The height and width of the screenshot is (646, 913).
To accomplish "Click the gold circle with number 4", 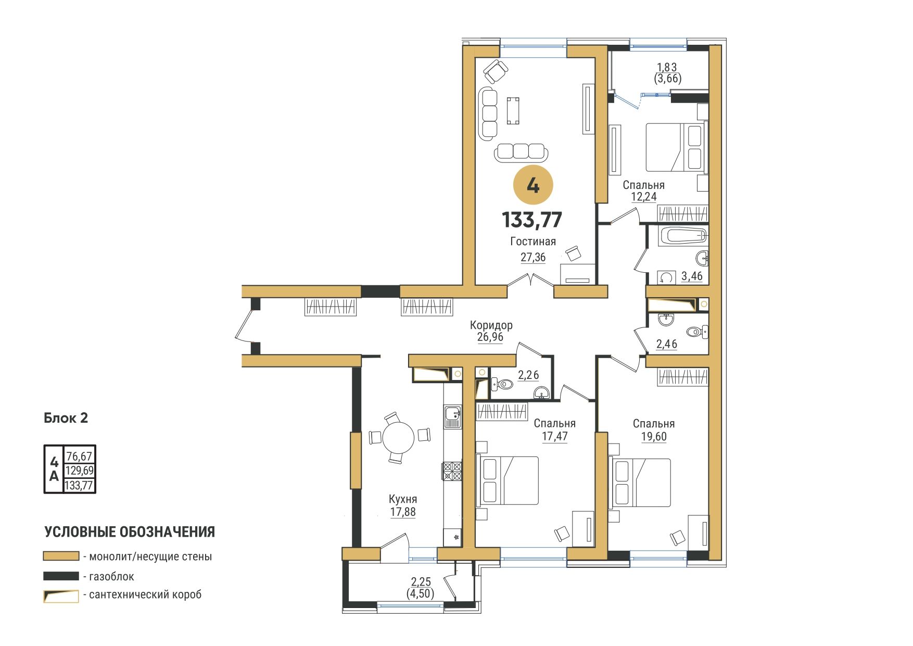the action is (532, 185).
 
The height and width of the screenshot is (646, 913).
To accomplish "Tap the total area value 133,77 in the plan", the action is (532, 220).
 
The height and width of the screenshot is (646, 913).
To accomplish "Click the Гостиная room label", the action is (533, 242).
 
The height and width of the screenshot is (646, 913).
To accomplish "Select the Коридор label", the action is (491, 325).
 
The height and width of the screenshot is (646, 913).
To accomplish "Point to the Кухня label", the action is (402, 499).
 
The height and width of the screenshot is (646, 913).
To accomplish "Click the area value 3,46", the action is (692, 276).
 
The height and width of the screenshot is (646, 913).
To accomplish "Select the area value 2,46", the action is (666, 344).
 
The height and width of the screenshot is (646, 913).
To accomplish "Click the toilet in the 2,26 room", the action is (502, 385).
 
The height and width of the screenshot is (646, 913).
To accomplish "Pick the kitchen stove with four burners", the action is (452, 471).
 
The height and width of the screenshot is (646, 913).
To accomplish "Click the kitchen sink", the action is (452, 417).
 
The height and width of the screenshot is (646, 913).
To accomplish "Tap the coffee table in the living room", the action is (513, 110).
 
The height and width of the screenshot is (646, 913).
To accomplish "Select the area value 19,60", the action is (654, 437).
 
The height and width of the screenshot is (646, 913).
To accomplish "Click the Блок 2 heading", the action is (66, 418).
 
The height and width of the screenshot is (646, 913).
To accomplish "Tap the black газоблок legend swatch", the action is (61, 576).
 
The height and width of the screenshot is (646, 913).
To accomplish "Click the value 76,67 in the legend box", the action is (79, 457).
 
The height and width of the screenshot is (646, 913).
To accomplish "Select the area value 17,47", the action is (555, 436).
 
